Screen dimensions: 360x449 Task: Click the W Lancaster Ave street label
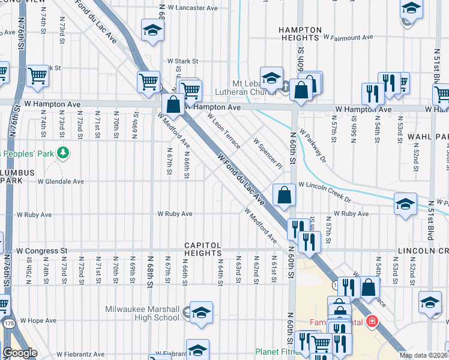192,8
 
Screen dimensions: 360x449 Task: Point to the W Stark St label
182,61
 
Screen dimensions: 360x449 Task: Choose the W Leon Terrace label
226,133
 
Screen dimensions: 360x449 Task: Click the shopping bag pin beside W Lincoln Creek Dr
284,195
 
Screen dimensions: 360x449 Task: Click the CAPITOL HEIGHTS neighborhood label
203,250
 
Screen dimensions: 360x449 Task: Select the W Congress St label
43,250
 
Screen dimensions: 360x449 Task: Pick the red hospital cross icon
373,322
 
